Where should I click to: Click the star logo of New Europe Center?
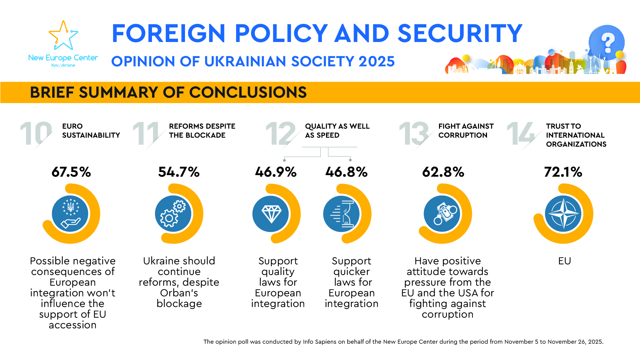point(63,36)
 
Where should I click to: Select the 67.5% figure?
point(71,172)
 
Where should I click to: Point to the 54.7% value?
point(179,172)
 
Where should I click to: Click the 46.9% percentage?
point(276,172)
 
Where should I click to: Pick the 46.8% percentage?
point(346,172)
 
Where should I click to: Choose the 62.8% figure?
point(443,172)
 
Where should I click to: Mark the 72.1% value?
point(563,172)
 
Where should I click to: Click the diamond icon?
point(271,214)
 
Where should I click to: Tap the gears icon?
point(173,214)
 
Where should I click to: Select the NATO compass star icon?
point(563,214)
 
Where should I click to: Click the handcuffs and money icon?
point(442,214)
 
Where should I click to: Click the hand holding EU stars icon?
point(70,214)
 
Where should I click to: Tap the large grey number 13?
point(413,134)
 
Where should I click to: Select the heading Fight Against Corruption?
point(466,131)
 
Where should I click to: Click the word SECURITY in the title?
point(460,33)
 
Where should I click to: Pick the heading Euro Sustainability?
point(91,131)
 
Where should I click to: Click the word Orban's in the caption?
point(179,293)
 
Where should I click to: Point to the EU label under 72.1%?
point(564,261)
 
